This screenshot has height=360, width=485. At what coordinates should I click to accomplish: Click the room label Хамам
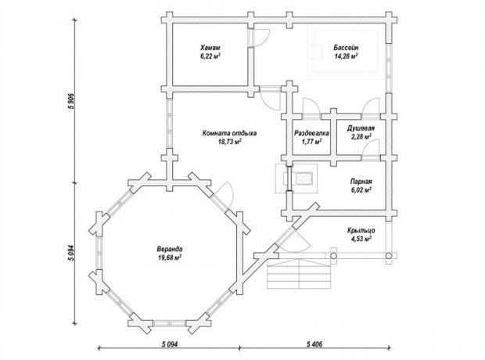click(210, 48)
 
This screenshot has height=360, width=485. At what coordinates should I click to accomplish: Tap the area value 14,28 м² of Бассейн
click(346, 56)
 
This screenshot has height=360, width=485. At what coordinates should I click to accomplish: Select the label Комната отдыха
click(229, 133)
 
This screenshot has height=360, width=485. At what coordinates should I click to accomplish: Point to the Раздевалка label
click(311, 133)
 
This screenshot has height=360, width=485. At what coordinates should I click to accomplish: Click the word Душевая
click(361, 128)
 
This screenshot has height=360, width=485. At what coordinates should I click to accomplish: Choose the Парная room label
click(361, 182)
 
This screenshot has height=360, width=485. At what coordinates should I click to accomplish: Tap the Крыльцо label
click(361, 230)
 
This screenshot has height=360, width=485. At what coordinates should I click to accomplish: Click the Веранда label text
click(170, 249)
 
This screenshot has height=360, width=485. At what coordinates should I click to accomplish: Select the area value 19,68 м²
click(170, 257)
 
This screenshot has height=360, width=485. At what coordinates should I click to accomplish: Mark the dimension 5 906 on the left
click(71, 101)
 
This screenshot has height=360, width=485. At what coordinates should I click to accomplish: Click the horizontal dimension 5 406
click(314, 344)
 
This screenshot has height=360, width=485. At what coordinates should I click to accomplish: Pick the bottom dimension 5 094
click(169, 344)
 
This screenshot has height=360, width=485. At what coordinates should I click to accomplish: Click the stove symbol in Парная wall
click(296, 178)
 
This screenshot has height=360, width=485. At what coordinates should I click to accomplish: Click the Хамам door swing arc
click(262, 38)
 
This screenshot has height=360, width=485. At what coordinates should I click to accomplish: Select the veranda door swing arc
click(225, 193)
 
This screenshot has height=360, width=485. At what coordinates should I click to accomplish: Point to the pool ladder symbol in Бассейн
click(317, 52)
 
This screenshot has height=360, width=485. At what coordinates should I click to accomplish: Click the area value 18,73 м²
click(229, 142)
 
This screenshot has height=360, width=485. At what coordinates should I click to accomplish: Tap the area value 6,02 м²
click(361, 189)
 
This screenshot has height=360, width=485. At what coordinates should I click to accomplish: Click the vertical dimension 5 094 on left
click(71, 254)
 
